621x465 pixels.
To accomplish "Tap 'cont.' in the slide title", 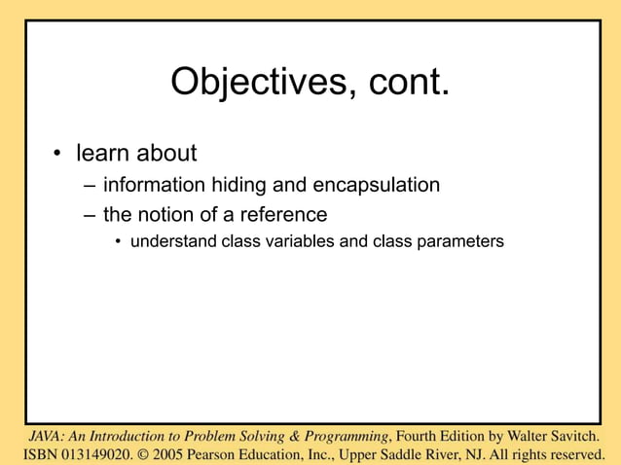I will pyautogui.click(x=410, y=83).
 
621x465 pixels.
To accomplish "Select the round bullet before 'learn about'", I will pyautogui.click(x=58, y=154).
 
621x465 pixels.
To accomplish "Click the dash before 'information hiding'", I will pyautogui.click(x=90, y=185).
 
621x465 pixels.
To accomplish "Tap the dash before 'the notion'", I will pyautogui.click(x=90, y=214).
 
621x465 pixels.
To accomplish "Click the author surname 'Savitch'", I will pyautogui.click(x=568, y=435).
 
